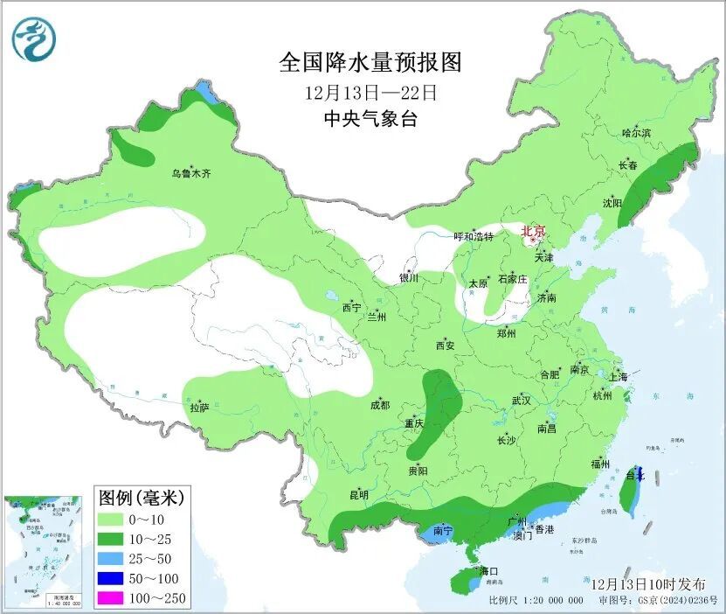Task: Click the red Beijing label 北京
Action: point(533,232)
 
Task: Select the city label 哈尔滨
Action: point(636,133)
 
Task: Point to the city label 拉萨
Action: point(199,407)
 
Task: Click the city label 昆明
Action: point(359,495)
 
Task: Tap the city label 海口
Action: point(488,571)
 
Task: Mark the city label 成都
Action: point(379,405)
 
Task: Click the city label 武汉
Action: point(522,400)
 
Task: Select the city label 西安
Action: point(445,345)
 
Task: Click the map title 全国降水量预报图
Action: point(370,63)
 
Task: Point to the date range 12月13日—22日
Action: point(370,92)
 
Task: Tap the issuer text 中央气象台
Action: point(370,119)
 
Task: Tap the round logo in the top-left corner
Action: point(33,38)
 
